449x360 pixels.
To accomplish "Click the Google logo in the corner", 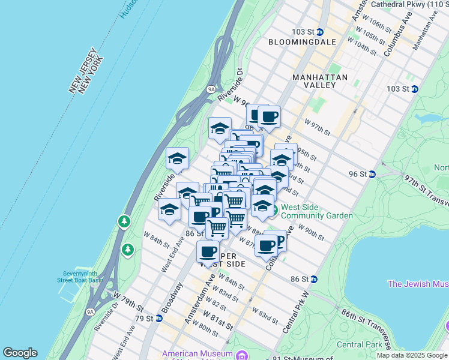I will (20, 353).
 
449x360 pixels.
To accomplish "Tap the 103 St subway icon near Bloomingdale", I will (320, 32).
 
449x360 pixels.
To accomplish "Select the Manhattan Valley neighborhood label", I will (320, 82).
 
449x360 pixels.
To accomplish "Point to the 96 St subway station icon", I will (372, 174).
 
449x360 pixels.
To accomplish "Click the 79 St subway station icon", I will (159, 318).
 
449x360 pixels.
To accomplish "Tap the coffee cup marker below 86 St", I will (208, 251).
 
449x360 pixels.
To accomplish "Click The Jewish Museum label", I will (418, 284).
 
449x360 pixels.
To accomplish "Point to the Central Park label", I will (359, 344).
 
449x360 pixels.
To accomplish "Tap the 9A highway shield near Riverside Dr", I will (211, 89).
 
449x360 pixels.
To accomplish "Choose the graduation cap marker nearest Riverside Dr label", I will (178, 159).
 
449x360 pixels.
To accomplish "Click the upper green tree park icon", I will (124, 221).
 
